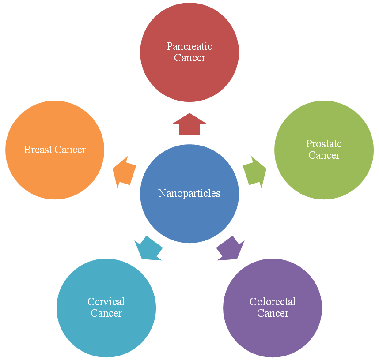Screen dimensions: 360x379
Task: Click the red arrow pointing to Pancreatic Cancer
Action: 189,124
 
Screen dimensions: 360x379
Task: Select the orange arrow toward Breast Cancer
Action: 124,172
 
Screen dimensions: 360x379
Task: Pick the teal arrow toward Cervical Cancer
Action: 148,248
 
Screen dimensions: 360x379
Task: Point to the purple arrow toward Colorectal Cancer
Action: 231,248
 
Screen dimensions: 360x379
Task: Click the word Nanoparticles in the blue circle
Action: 189,193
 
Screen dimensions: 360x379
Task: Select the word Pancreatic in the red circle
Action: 189,46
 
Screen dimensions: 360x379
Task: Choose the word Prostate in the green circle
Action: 324,144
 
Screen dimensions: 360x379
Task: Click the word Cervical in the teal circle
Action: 106,302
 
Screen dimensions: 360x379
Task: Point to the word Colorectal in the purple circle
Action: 273,302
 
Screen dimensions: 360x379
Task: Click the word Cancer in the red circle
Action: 189,58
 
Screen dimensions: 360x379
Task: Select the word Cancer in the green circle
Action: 324,155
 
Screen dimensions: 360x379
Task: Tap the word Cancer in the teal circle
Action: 106,313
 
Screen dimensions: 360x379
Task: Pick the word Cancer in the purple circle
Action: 273,313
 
